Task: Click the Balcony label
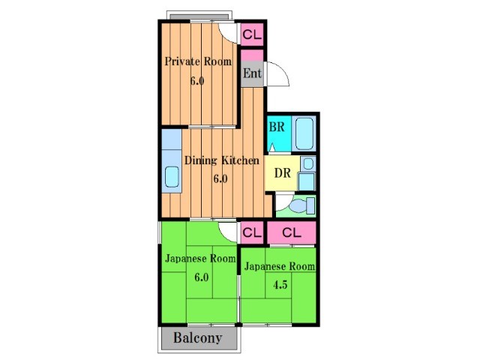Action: click(x=198, y=338)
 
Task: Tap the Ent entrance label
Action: click(x=252, y=73)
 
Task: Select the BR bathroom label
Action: click(x=277, y=127)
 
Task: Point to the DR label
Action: click(x=282, y=173)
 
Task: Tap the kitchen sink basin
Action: click(x=172, y=177)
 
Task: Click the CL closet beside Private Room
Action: click(x=252, y=34)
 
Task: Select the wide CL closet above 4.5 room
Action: click(x=292, y=233)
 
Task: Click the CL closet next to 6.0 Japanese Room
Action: click(x=252, y=233)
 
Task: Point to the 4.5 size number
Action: click(x=280, y=285)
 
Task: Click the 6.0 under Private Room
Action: click(x=197, y=81)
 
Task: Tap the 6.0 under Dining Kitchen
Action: click(x=220, y=178)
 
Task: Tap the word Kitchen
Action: click(x=240, y=160)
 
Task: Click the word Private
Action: click(x=182, y=61)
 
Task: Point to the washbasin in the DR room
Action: click(x=308, y=164)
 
